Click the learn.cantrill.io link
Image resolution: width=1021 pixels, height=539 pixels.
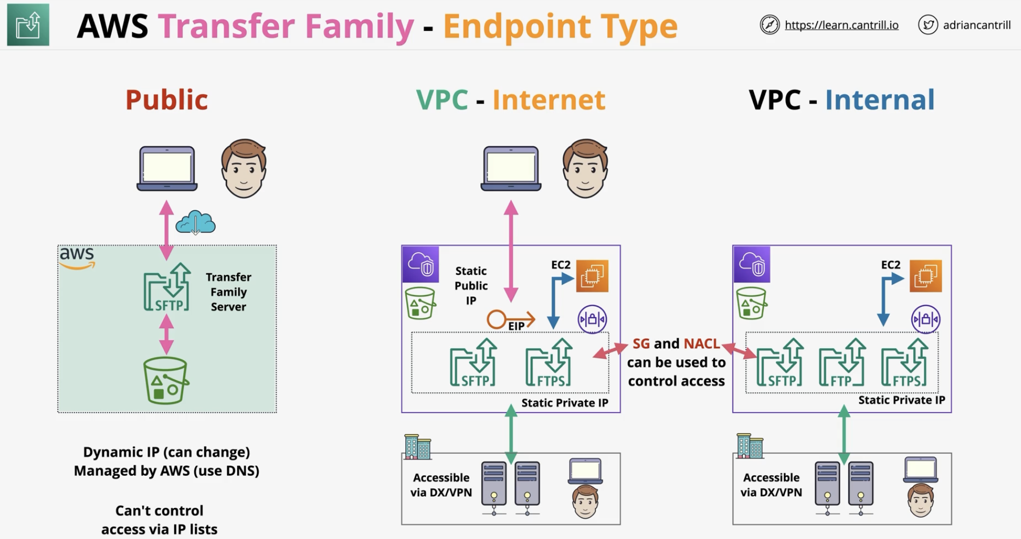(x=841, y=25)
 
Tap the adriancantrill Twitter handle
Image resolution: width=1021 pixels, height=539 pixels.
(x=977, y=25)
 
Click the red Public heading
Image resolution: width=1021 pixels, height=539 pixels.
(x=167, y=100)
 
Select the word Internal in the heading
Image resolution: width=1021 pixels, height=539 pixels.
(x=880, y=100)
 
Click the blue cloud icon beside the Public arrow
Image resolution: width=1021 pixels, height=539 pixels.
(x=195, y=222)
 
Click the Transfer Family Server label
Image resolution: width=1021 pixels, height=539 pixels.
(x=228, y=292)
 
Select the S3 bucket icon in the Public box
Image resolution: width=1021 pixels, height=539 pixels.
(x=166, y=381)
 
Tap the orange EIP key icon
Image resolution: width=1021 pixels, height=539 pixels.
(x=510, y=319)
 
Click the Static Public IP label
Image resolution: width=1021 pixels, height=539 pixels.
(x=471, y=286)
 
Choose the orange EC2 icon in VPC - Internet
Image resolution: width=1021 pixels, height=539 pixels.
(x=592, y=275)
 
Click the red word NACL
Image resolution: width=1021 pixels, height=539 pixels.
(x=702, y=344)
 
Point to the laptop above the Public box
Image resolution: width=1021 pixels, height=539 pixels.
(x=167, y=169)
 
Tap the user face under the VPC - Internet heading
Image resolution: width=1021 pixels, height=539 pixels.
(x=585, y=168)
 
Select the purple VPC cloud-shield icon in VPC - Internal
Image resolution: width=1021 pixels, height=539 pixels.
(x=751, y=264)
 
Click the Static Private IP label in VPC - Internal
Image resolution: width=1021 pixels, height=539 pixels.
(x=902, y=400)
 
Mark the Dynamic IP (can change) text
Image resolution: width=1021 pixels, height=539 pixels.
(x=167, y=452)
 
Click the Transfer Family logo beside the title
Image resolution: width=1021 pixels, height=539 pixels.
(x=28, y=25)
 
